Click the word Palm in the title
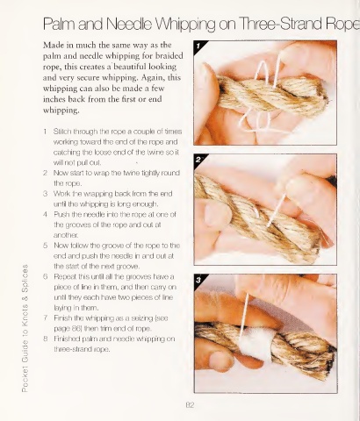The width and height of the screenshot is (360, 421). coord(60,24)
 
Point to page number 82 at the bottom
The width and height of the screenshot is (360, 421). coord(190,405)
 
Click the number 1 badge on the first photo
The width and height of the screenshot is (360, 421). coord(198,46)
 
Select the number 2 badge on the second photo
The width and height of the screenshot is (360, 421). coord(198,160)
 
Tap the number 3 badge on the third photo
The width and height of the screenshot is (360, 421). coord(198,280)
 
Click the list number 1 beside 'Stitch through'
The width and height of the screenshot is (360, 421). coord(46,132)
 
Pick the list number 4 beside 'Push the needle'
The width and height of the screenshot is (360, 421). coord(46,214)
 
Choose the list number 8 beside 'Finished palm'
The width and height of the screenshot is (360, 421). coord(46,339)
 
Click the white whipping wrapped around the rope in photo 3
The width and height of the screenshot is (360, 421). coord(256,344)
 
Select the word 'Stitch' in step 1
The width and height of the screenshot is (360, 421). coord(62,132)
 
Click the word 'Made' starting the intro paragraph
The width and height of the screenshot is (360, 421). coord(52,46)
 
